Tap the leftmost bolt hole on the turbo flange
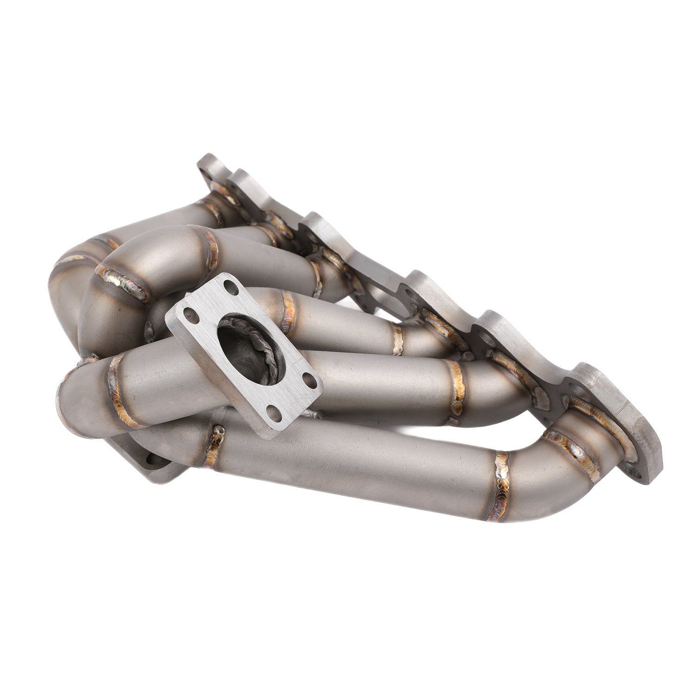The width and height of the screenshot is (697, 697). (x=187, y=312)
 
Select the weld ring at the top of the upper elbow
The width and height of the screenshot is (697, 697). (x=211, y=244)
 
